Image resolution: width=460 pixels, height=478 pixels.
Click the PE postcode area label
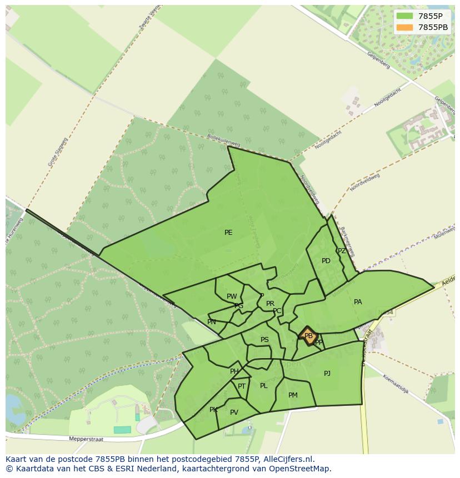(228, 233)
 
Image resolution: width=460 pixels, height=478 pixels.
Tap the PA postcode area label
(358, 302)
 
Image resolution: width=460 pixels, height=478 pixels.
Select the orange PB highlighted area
(308, 335)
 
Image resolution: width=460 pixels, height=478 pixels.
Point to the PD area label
(326, 261)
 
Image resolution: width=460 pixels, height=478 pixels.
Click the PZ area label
(342, 251)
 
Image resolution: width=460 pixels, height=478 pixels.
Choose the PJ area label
(327, 374)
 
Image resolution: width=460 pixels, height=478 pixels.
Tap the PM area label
(293, 395)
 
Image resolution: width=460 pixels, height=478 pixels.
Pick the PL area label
(264, 386)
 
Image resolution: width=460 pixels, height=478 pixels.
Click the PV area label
(234, 412)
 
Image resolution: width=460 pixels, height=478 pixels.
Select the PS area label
(264, 340)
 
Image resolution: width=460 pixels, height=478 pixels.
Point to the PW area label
(232, 296)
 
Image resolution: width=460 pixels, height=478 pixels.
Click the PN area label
(212, 322)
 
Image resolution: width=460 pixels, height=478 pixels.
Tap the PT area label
(242, 386)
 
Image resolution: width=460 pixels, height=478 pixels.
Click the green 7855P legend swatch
(405, 16)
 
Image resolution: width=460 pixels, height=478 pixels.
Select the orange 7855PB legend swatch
(405, 27)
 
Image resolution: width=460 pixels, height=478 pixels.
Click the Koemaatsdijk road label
(396, 384)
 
